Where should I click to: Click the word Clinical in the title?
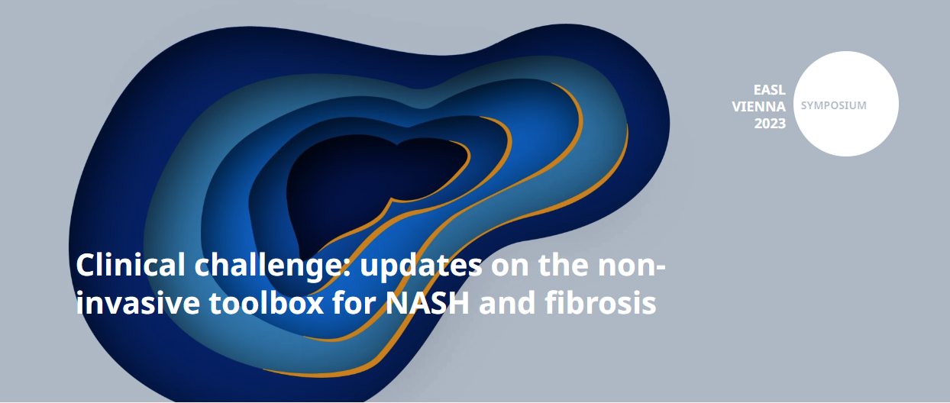pyautogui.click(x=131, y=265)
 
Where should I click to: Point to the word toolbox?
pyautogui.click(x=267, y=302)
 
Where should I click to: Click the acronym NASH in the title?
pyautogui.click(x=427, y=302)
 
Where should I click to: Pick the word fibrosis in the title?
pyautogui.click(x=600, y=302)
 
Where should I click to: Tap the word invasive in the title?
pyautogui.click(x=137, y=302)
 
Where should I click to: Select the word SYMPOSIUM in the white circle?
pyautogui.click(x=833, y=105)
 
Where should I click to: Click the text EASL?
pyautogui.click(x=769, y=90)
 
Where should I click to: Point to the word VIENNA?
pyautogui.click(x=759, y=107)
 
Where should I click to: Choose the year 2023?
pyautogui.click(x=770, y=124)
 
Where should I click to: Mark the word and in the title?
pyautogui.click(x=507, y=302)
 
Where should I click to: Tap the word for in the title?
pyautogui.click(x=354, y=302)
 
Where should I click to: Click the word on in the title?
pyautogui.click(x=510, y=268)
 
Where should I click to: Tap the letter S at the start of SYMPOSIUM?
pyautogui.click(x=803, y=105)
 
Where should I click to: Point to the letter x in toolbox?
pyautogui.click(x=315, y=306)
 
